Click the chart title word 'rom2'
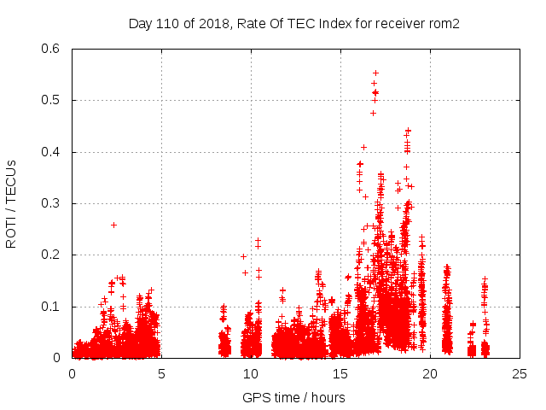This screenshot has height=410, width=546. point(444,24)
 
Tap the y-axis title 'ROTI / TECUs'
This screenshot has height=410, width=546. point(11,203)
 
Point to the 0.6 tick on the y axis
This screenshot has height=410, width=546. point(52,49)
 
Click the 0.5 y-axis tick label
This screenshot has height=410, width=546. point(52,101)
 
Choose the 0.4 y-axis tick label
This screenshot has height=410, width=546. point(52,152)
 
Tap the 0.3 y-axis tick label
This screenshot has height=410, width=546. point(52,203)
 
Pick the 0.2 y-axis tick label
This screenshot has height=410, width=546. point(52,255)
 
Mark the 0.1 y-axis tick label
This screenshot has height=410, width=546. point(52,307)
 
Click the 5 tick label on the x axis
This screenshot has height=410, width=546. point(161,374)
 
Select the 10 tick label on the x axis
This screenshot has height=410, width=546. point(251,374)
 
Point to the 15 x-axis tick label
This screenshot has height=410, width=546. point(340,374)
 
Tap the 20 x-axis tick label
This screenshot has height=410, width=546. point(430,374)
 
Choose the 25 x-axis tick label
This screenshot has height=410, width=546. point(520,374)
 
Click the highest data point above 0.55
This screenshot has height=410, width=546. point(375,73)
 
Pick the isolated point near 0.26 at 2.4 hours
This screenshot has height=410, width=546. point(113,225)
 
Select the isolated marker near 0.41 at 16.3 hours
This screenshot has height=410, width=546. point(363,147)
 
